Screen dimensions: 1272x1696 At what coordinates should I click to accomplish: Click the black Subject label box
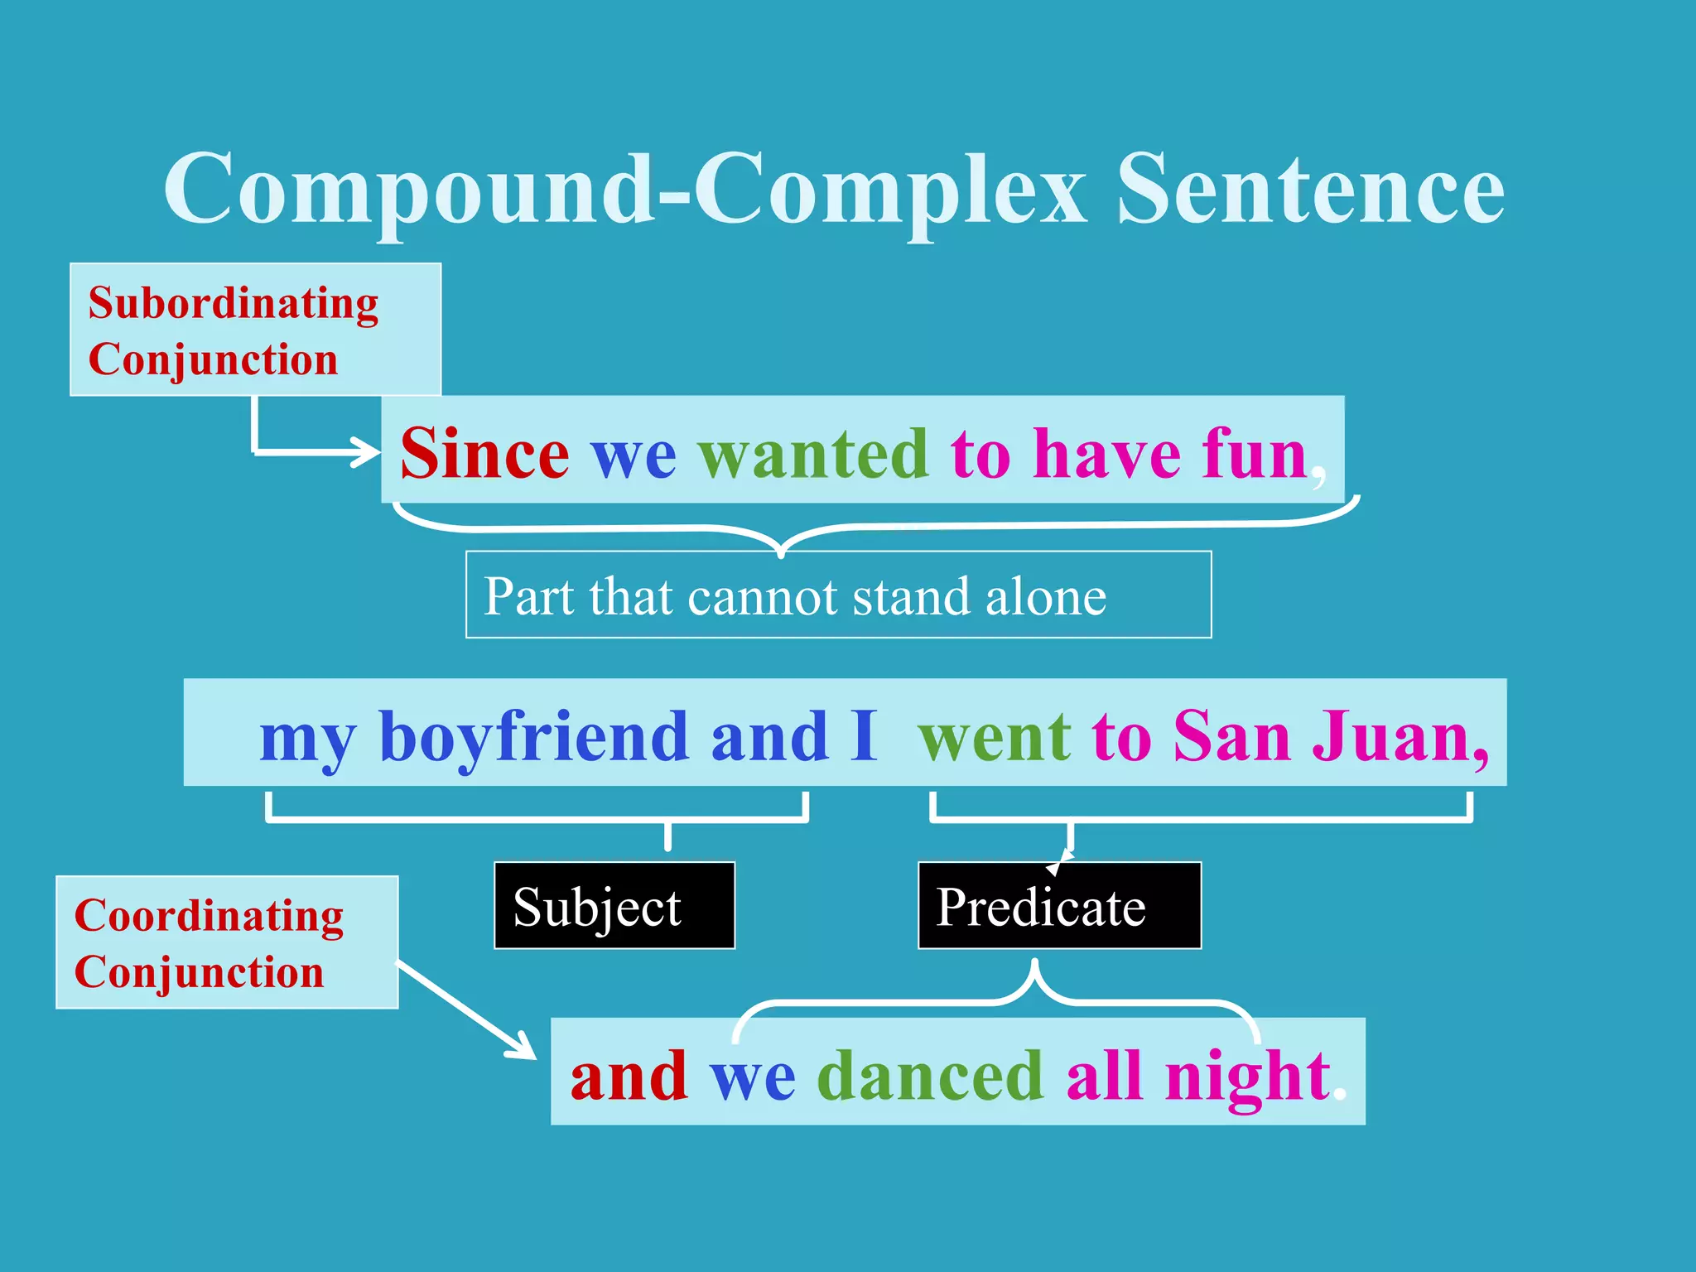click(x=614, y=905)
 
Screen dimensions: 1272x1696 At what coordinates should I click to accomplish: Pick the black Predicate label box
click(x=1059, y=905)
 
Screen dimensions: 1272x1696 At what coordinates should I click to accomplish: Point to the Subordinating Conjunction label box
click(x=255, y=330)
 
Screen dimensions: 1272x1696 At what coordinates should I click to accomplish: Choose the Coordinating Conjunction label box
click(x=227, y=942)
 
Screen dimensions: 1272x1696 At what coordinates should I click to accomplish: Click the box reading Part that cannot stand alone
click(x=838, y=595)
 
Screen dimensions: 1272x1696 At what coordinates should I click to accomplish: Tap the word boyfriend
click(x=533, y=736)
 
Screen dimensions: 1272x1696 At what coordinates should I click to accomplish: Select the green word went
click(x=995, y=736)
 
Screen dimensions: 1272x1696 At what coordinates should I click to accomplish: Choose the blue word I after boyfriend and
click(x=863, y=736)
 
